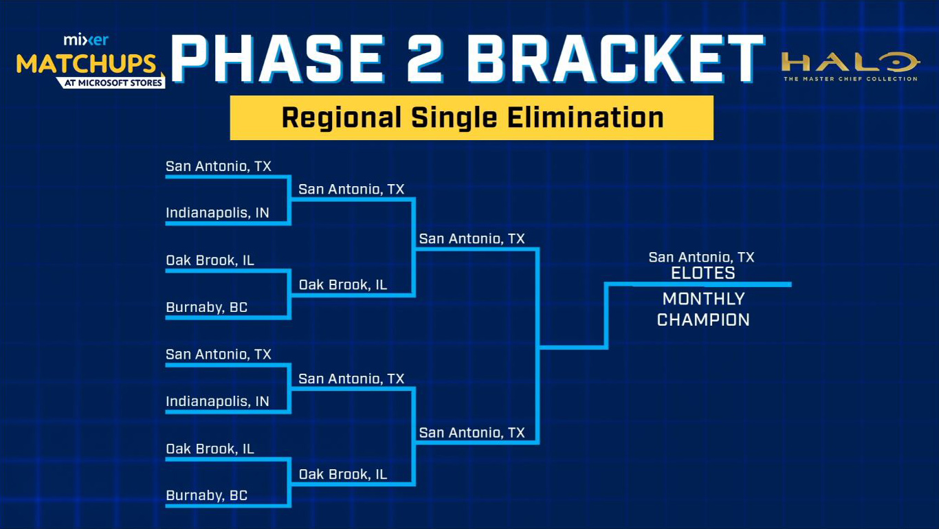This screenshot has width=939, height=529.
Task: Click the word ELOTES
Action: click(x=703, y=273)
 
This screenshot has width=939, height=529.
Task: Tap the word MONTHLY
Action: click(x=703, y=299)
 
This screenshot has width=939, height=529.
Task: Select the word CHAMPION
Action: click(x=703, y=320)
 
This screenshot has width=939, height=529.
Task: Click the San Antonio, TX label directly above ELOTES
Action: click(x=701, y=257)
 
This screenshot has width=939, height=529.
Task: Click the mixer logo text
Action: click(x=86, y=40)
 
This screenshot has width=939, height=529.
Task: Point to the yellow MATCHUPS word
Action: click(x=86, y=64)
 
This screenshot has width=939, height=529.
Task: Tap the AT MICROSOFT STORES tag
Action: click(x=112, y=82)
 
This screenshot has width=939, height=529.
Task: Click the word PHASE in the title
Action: click(x=277, y=58)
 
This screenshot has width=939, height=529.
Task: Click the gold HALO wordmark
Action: click(x=850, y=62)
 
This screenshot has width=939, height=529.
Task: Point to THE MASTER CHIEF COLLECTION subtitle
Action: click(x=850, y=79)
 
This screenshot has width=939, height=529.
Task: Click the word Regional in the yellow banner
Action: click(x=341, y=118)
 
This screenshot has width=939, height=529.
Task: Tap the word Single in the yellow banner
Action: click(x=454, y=118)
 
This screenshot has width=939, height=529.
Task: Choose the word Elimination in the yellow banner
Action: click(x=586, y=117)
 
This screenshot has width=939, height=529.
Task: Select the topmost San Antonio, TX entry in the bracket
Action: click(x=219, y=166)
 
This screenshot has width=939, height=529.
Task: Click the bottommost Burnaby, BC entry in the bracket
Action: click(x=207, y=495)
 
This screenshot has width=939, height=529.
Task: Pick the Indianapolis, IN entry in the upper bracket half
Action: click(x=217, y=213)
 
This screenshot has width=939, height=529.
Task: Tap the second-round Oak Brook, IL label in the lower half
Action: click(x=343, y=474)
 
